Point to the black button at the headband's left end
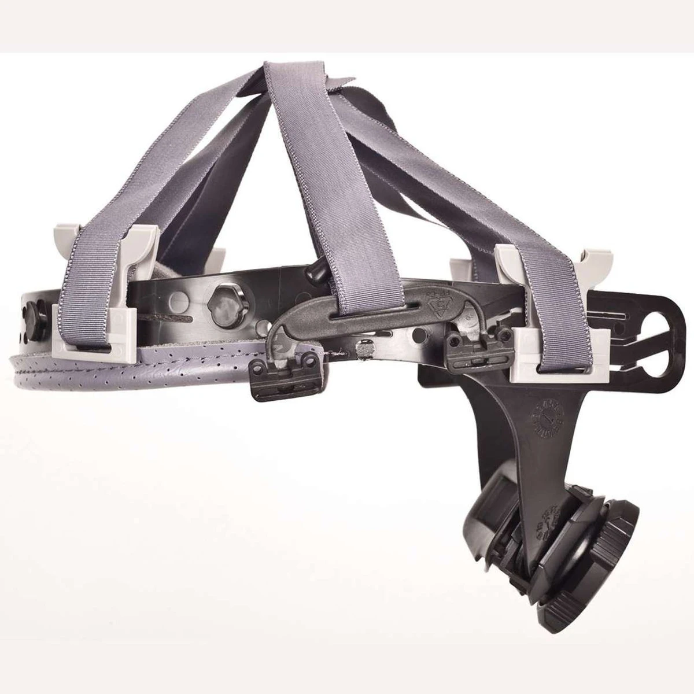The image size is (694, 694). [29, 315]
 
